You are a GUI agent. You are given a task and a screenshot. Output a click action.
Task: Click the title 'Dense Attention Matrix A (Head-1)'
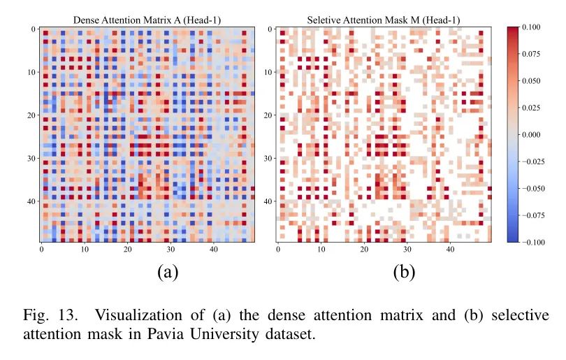pos(147,20)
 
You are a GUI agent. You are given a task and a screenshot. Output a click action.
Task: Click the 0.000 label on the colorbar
pos(538,135)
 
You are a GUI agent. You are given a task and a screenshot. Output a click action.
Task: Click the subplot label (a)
pos(166,271)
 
